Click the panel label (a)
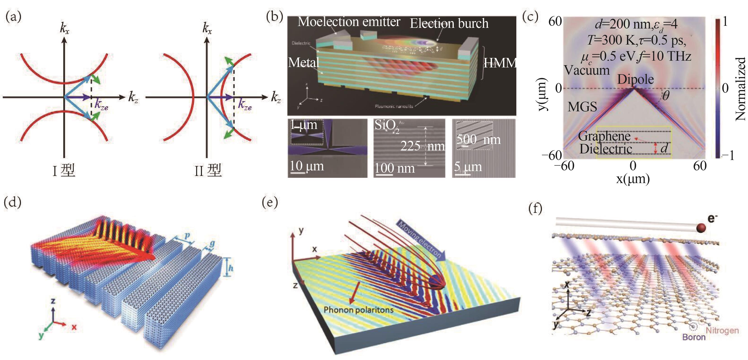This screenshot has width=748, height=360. pos(13,17)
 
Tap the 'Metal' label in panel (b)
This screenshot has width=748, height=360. pos(304,62)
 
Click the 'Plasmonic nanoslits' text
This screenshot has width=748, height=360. pos(394,106)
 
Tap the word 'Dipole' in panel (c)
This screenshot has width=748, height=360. pos(635,79)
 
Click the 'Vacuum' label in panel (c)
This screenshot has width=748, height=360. pos(587,70)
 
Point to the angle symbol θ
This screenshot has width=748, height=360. pos(665,95)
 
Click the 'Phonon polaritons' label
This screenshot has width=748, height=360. pos(358,310)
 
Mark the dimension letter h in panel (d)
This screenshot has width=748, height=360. pos(230,267)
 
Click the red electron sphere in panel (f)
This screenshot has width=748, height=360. pos(701,228)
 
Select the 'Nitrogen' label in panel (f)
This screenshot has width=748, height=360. pos(722,330)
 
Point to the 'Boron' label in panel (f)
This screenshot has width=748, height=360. pos(694,337)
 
